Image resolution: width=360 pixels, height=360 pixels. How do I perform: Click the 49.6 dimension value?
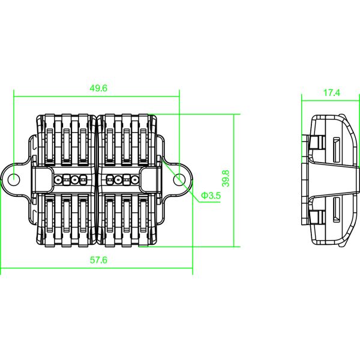[x=98, y=88]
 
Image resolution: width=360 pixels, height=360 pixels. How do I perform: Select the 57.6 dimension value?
[x=98, y=260]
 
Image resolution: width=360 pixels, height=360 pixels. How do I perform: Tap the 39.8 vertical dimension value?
[x=226, y=178]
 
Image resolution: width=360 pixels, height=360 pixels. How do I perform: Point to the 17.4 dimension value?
[x=332, y=93]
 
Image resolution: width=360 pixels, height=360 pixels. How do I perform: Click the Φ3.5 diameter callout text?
[x=211, y=196]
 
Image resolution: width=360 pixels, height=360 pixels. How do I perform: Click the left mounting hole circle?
[x=14, y=179]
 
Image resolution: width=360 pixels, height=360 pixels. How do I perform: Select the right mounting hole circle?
[x=179, y=179]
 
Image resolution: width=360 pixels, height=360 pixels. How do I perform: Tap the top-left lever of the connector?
[x=50, y=140]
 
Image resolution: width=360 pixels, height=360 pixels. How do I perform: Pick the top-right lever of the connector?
[x=144, y=140]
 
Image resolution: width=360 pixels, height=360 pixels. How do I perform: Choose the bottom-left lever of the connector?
[x=50, y=220]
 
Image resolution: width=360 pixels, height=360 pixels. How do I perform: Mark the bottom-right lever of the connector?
[x=144, y=220]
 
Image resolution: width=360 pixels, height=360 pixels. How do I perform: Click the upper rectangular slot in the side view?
[x=337, y=149]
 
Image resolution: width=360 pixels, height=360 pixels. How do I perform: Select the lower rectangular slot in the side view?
[x=337, y=209]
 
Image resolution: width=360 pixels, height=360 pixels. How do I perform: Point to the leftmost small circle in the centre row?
[x=58, y=179]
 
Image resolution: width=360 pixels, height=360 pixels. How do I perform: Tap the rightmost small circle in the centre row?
[x=135, y=179]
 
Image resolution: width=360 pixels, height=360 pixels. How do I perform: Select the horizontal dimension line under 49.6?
[x=97, y=97]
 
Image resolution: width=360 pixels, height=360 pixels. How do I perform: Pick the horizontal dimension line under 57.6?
[x=97, y=268]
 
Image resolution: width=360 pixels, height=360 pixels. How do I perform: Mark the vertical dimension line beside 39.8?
[x=234, y=181]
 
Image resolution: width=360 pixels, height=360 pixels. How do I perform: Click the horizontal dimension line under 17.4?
[x=331, y=101]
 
